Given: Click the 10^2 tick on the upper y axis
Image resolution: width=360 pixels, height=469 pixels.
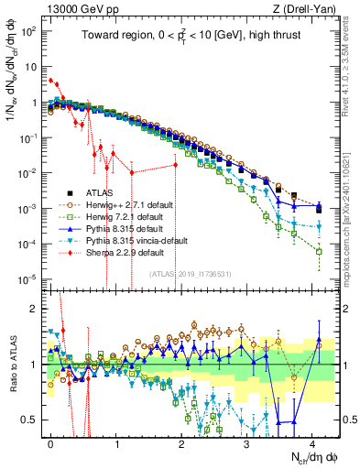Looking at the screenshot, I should [x=30, y=31].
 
